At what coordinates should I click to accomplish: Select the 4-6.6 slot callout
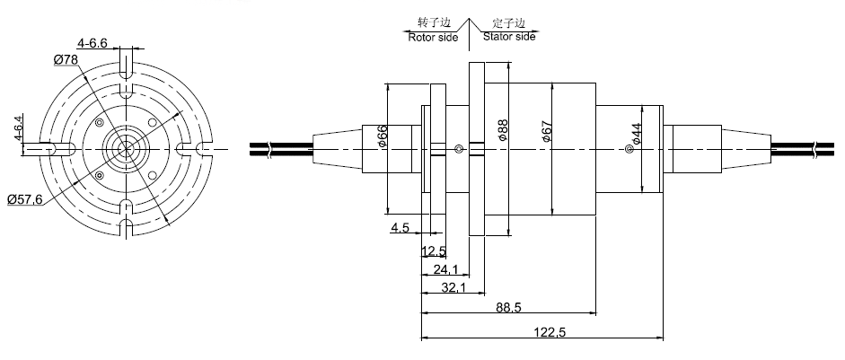coord(92,41)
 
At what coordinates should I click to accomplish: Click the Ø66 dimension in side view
coord(383,137)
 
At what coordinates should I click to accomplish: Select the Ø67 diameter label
coord(547,134)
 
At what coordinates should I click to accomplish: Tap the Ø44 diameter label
coord(636,136)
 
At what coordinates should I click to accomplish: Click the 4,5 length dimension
coord(400,229)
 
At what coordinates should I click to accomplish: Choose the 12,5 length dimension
coord(435,250)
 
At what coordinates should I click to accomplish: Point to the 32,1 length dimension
coord(454,288)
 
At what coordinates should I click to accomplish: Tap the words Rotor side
coord(434,38)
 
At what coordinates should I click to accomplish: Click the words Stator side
coord(509,38)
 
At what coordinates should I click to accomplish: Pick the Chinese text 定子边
coord(509,22)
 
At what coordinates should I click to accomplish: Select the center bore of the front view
coord(126,147)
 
